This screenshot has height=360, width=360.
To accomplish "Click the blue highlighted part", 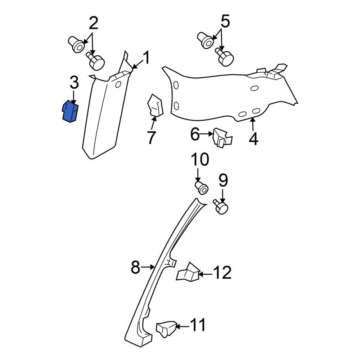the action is coord(70,111).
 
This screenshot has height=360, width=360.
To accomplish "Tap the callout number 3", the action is coord(74,82).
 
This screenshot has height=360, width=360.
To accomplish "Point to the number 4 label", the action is coord(253,139).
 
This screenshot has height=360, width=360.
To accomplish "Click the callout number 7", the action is coord(152,137).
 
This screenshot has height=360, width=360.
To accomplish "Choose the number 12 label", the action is coord(222,273).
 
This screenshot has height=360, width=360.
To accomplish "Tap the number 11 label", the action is coord(198,325).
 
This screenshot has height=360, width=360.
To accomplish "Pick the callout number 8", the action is coord(135,267).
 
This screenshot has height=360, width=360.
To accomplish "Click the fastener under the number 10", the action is coord(202,188).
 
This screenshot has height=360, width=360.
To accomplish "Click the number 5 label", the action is coord(225,21).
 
